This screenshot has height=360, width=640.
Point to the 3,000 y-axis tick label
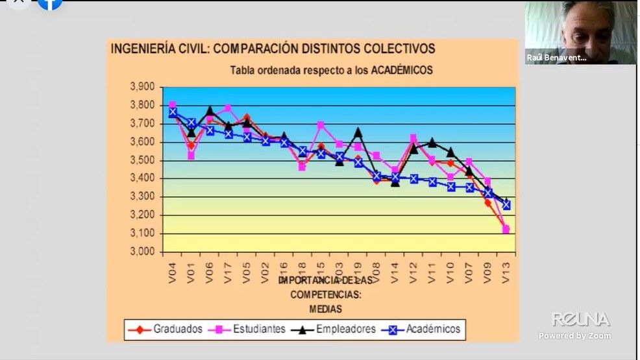[x=142, y=252]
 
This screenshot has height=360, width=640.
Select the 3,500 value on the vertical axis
[x=142, y=160]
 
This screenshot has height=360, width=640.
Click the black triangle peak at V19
[x=358, y=132]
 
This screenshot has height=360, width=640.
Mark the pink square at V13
[x=506, y=229]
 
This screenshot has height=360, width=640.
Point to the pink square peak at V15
[x=321, y=125]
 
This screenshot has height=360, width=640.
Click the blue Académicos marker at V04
[x=173, y=112]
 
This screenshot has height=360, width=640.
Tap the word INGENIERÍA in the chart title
[x=142, y=49]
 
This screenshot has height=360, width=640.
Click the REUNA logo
[x=581, y=319]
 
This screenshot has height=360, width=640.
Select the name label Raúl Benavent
[x=557, y=58]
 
